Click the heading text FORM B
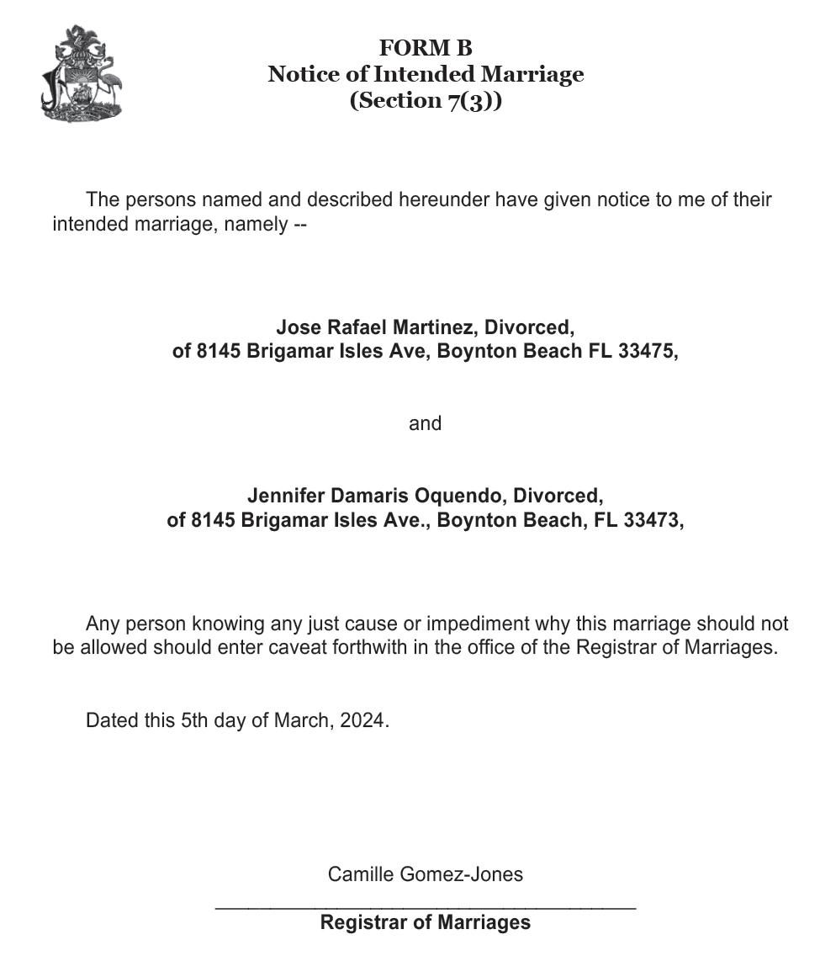(x=426, y=48)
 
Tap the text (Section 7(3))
(x=426, y=100)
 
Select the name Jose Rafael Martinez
(x=374, y=327)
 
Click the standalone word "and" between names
(x=425, y=423)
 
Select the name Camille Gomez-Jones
(x=425, y=874)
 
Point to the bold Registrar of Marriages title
(x=425, y=922)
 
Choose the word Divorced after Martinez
(x=528, y=327)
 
